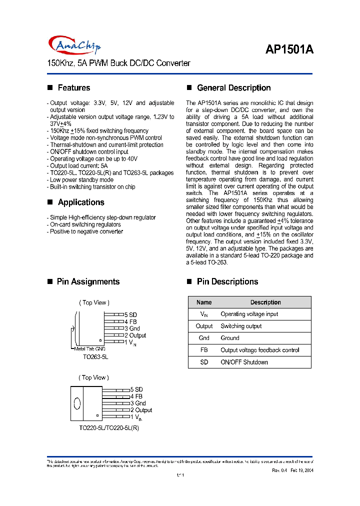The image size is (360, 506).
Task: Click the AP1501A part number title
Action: click(289, 49)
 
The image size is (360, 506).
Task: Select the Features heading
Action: click(73, 88)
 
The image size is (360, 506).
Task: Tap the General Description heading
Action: click(233, 88)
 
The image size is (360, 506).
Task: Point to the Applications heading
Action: click(80, 202)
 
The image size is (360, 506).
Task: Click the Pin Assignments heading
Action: click(88, 282)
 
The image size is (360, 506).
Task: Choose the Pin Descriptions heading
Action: click(227, 282)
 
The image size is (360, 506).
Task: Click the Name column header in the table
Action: click(204, 302)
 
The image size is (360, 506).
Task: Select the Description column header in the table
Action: click(265, 302)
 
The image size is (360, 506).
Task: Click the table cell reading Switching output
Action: click(241, 326)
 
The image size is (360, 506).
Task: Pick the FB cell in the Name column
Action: click(204, 350)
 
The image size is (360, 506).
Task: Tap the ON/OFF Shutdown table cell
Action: click(244, 362)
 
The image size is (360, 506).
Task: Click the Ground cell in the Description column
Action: click(230, 338)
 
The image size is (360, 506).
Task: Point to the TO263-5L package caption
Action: click(95, 357)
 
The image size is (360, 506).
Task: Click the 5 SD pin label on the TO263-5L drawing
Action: click(130, 315)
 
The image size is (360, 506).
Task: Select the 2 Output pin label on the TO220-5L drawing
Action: click(141, 410)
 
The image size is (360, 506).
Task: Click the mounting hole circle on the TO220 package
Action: click(76, 403)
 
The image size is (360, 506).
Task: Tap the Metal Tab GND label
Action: click(90, 348)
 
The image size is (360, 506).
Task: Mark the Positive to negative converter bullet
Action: click(85, 231)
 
